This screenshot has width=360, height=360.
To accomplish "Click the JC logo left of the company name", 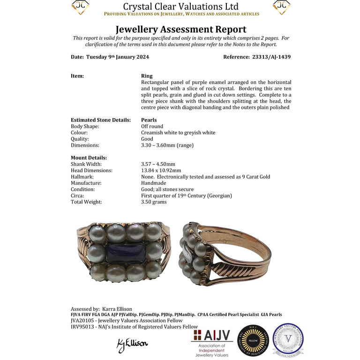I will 80,7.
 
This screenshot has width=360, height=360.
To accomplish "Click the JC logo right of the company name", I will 281,7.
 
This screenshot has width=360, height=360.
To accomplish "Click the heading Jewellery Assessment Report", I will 180,30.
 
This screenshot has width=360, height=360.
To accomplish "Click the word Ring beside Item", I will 147,76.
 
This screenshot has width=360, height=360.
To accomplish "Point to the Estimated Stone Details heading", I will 101,120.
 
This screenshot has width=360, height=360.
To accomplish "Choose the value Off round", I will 152,126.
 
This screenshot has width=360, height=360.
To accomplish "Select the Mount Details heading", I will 89,158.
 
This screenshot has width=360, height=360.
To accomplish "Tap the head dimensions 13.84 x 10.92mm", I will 161,171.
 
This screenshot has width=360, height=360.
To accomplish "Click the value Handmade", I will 154,183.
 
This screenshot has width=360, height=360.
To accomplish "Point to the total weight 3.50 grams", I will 154,202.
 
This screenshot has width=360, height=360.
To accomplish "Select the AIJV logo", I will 211,342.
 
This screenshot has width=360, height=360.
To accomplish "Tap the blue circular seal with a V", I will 288,339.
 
